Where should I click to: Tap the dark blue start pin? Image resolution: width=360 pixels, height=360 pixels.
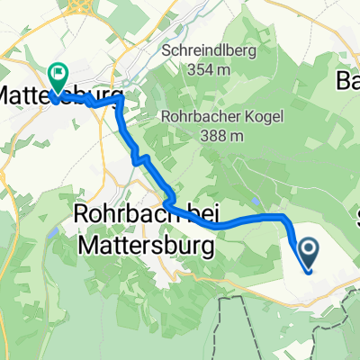[308, 253]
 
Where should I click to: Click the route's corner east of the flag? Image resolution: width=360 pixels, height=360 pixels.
[119, 105]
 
